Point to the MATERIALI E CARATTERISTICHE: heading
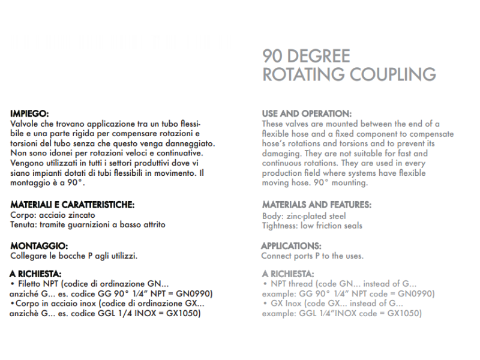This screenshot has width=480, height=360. pyautogui.click(x=73, y=205)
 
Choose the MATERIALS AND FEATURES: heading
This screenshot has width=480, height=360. pyautogui.click(x=316, y=205)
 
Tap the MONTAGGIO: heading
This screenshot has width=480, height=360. pyautogui.click(x=39, y=246)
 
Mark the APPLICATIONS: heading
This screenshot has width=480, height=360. pyautogui.click(x=290, y=246)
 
